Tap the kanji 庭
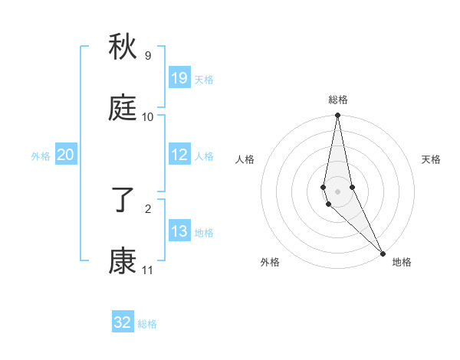pyautogui.click(x=123, y=109)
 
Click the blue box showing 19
pyautogui.click(x=179, y=78)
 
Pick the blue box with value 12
pyautogui.click(x=179, y=155)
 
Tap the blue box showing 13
pyautogui.click(x=179, y=231)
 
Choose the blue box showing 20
pyautogui.click(x=66, y=155)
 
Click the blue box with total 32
pyautogui.click(x=123, y=322)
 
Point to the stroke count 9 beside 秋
pyautogui.click(x=147, y=56)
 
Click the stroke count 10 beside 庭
pyautogui.click(x=147, y=117)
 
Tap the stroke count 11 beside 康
pyautogui.click(x=147, y=270)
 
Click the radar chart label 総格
pyautogui.click(x=338, y=100)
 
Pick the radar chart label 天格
pyautogui.click(x=431, y=159)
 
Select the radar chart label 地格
pyautogui.click(x=402, y=262)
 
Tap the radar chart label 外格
pyautogui.click(x=270, y=262)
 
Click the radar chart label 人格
pyautogui.click(x=245, y=159)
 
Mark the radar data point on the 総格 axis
pyautogui.click(x=337, y=116)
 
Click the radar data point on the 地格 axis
pyautogui.click(x=383, y=253)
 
